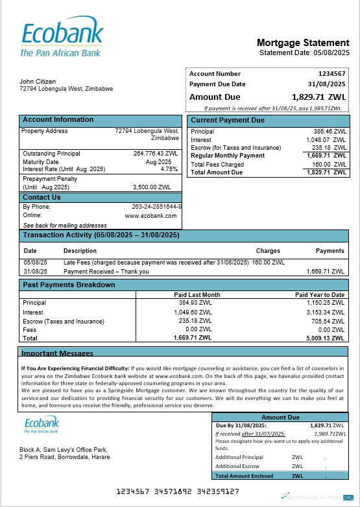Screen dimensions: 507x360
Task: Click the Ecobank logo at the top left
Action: click(x=62, y=38)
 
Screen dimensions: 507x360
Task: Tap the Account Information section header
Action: click(x=58, y=120)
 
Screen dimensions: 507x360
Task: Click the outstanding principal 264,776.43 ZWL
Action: click(x=156, y=154)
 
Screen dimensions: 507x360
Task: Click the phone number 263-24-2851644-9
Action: click(x=156, y=207)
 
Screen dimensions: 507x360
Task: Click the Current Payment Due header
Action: click(x=228, y=121)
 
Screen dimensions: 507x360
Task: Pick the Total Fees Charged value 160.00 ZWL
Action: click(x=326, y=165)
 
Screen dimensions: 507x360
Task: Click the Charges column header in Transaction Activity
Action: click(x=268, y=250)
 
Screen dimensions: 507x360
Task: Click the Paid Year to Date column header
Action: click(x=319, y=295)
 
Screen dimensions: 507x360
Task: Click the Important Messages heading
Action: click(x=57, y=353)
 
